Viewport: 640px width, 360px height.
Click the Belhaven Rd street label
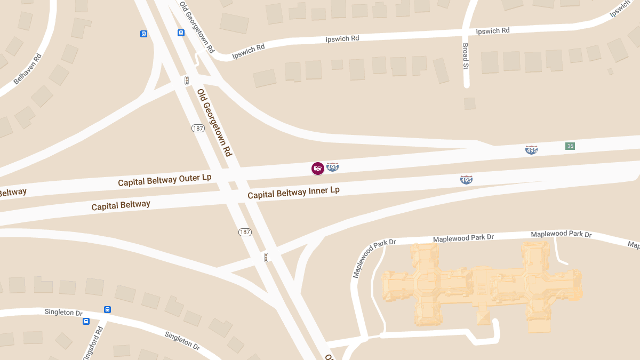27,69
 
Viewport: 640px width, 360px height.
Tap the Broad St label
466,57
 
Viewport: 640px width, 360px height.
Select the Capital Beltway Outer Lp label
164,180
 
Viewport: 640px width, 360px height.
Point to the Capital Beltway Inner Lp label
293,193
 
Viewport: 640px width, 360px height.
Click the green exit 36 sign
570,146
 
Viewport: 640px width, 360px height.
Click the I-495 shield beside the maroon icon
333,167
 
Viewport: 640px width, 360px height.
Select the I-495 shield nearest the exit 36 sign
531,150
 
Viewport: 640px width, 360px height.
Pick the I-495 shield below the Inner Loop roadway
466,180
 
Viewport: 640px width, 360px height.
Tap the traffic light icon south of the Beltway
266,258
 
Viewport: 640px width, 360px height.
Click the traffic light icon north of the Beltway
187,81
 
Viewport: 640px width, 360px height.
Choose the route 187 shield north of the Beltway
198,129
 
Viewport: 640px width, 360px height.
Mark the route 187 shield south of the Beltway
245,232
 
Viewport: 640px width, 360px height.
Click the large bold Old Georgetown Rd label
214,122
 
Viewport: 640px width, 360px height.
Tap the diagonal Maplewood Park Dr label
373,259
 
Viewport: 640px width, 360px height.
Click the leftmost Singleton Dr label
63,312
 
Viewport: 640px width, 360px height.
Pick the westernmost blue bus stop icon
86,321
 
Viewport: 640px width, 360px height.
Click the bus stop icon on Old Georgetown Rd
181,33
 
